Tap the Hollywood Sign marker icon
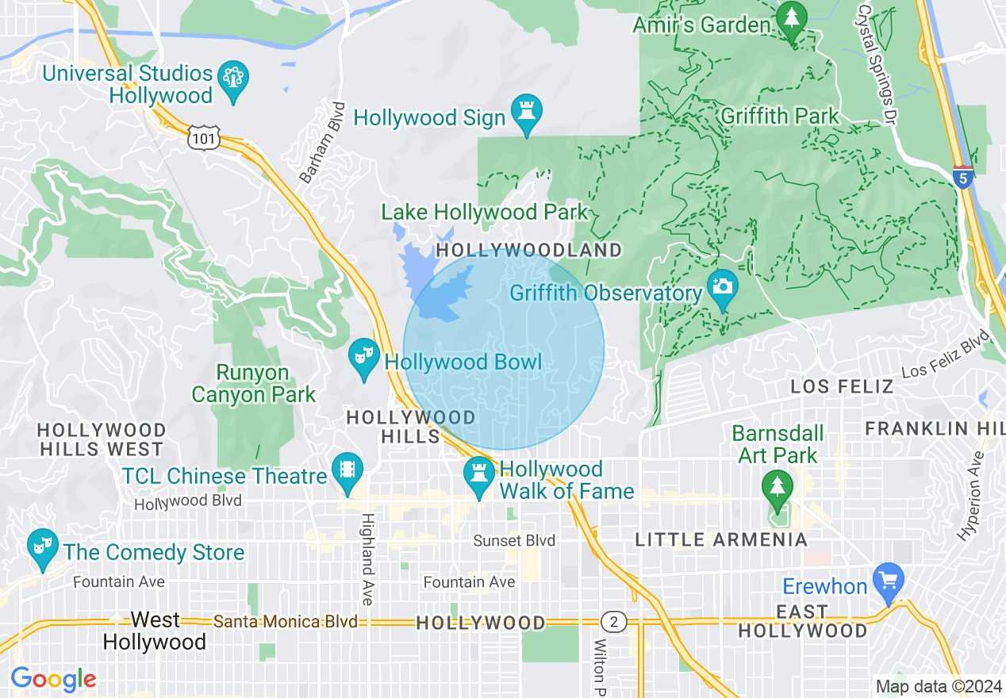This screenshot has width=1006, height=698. [x=526, y=113]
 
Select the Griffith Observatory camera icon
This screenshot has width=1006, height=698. [x=721, y=286]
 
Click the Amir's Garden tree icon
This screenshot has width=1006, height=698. [x=791, y=18]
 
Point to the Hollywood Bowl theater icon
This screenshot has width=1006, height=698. [x=364, y=357]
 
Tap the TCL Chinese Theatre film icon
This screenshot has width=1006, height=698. [x=347, y=470]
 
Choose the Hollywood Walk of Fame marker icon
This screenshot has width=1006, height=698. [x=479, y=474]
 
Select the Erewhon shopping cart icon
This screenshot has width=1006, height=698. [x=888, y=581]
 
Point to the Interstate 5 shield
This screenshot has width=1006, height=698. [x=963, y=176]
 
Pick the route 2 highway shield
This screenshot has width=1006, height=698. [x=612, y=621]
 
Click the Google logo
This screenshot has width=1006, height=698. [x=53, y=679]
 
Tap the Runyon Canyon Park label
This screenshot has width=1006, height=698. [x=254, y=383]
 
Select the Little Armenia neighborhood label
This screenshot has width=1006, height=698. [x=721, y=540]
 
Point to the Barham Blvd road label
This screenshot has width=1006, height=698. [x=324, y=143]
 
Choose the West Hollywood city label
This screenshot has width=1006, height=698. [x=154, y=631]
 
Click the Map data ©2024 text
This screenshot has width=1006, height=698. [x=936, y=686]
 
